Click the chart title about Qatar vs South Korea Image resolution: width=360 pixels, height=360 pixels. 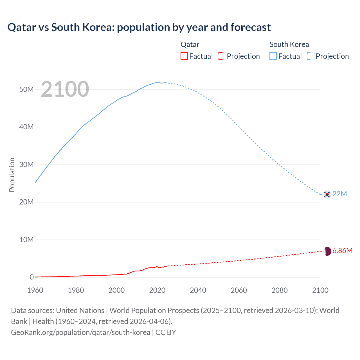pyautogui.click(x=139, y=27)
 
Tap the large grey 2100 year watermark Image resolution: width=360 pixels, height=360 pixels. pyautogui.click(x=65, y=89)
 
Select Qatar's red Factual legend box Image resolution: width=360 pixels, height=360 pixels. pyautogui.click(x=184, y=56)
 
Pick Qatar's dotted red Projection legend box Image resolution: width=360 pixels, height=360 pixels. pyautogui.click(x=222, y=56)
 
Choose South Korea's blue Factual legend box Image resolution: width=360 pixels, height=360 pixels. pyautogui.click(x=273, y=56)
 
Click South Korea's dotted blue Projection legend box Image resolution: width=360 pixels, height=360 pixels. pyautogui.click(x=311, y=56)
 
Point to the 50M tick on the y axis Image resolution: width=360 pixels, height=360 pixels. pyautogui.click(x=26, y=89)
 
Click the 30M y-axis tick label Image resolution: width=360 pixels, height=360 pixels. pyautogui.click(x=26, y=165)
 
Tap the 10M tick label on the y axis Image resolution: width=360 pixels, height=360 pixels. pyautogui.click(x=26, y=240)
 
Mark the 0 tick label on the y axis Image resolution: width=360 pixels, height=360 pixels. pyautogui.click(x=31, y=277)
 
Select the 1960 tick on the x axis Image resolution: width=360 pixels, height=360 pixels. pyautogui.click(x=35, y=290)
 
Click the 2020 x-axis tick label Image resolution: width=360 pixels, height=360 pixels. pyautogui.click(x=157, y=290)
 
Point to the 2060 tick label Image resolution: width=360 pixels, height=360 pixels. pyautogui.click(x=239, y=290)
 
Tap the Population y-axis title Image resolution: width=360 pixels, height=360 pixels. pyautogui.click(x=12, y=175)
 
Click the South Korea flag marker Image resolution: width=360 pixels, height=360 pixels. pyautogui.click(x=327, y=194)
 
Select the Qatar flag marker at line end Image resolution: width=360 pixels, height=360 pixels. pyautogui.click(x=327, y=251)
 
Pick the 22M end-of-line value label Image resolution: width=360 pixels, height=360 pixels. pyautogui.click(x=340, y=194)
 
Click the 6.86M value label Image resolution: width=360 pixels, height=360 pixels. pyautogui.click(x=342, y=251)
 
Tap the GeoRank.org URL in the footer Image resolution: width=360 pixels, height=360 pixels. pyautogui.click(x=80, y=332)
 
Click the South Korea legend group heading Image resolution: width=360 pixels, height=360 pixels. pyautogui.click(x=289, y=44)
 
